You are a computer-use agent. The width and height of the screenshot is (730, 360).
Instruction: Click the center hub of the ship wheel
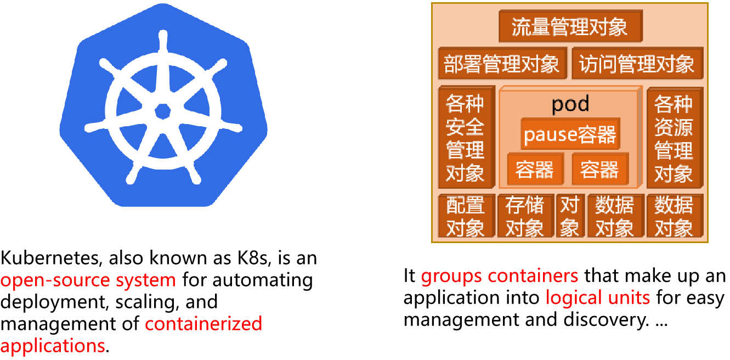point(163,111)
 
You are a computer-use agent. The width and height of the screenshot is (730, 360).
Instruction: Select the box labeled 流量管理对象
point(570,27)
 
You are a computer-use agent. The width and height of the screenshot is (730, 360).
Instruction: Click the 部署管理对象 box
point(502,63)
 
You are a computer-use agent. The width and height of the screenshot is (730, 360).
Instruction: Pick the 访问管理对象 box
point(637,63)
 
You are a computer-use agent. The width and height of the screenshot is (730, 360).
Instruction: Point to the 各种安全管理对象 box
point(465,138)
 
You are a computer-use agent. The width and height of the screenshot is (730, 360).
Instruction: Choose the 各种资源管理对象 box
point(674,138)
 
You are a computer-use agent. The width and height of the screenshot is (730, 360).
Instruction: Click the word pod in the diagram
point(570,104)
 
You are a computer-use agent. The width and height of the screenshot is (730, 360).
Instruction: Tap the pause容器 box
point(570,134)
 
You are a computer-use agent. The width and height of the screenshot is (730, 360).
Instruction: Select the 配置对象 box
point(465,216)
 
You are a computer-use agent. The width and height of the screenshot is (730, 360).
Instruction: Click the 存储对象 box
point(525,216)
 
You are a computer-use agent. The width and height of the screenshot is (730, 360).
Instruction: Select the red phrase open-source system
point(88,280)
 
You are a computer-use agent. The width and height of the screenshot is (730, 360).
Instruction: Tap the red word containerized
point(203,324)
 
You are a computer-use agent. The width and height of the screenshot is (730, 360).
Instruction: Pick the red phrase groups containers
point(500,275)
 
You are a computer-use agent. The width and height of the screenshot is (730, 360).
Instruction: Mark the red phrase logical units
point(598,297)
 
